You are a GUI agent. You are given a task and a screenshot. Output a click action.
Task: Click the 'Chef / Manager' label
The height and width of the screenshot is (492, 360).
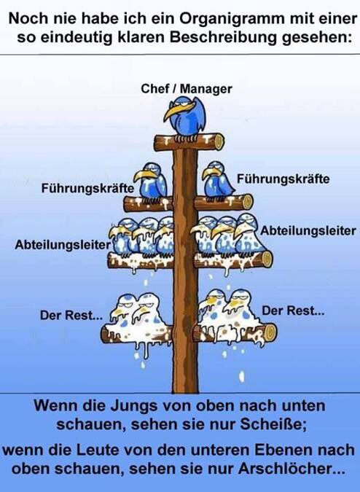(x=186, y=89)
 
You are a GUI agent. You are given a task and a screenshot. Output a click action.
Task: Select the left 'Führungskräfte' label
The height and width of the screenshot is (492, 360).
(x=87, y=188)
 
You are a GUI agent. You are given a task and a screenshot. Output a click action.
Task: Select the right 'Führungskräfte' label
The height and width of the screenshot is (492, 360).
(x=283, y=178)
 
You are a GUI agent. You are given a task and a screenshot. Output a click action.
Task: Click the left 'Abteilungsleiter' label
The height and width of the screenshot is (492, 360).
(x=61, y=246)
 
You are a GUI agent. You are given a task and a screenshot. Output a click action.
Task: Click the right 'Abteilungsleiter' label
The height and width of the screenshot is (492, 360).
(x=308, y=230)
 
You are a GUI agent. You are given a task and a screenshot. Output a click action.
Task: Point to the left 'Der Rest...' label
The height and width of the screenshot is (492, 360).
(x=71, y=316)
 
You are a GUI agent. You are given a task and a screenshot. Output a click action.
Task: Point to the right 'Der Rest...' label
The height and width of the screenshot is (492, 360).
(x=293, y=311)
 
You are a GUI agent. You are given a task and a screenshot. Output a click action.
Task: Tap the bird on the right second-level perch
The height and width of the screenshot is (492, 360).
(x=218, y=180)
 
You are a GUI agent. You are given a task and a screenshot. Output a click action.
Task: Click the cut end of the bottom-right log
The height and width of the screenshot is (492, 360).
(x=272, y=332)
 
